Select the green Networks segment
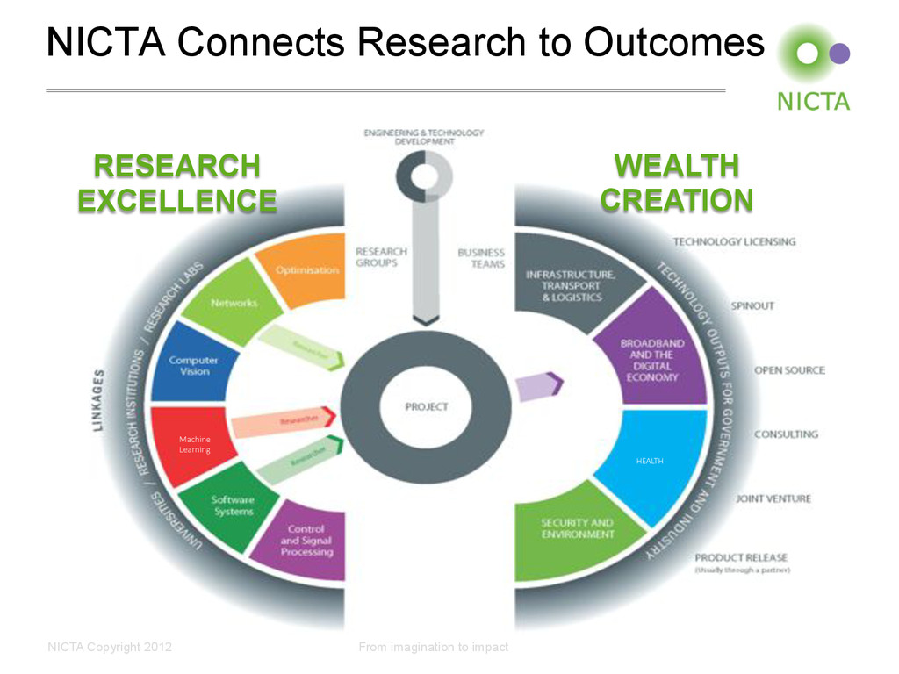pos(233,303)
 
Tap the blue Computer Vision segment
pos(193,365)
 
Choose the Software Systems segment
pos(234,506)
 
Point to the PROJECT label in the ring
pos(426,406)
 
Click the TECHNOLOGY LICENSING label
pos(734,241)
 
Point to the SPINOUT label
pos(752,306)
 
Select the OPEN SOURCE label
pos(789,370)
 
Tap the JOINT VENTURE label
pos(773,498)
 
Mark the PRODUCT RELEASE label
pos(741,557)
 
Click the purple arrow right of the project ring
pos(538,386)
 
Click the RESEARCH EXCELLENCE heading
pos(177,183)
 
